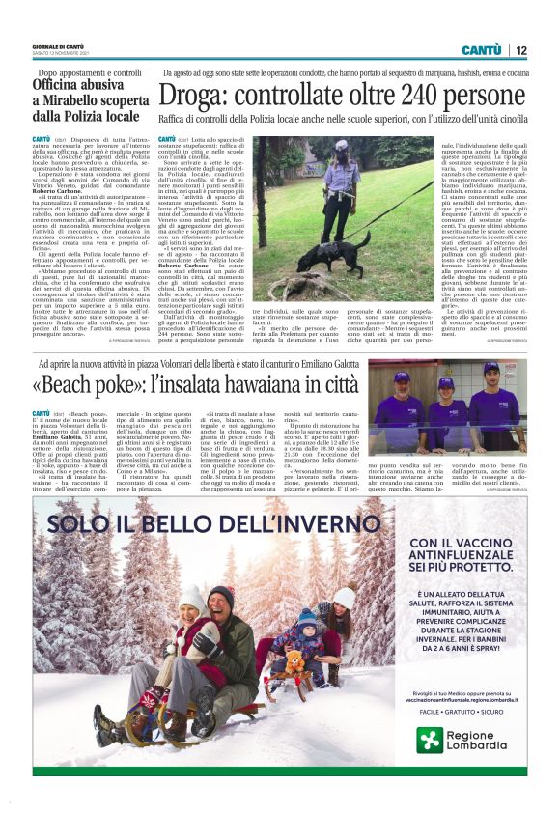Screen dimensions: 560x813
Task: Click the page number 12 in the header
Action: point(520,50)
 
